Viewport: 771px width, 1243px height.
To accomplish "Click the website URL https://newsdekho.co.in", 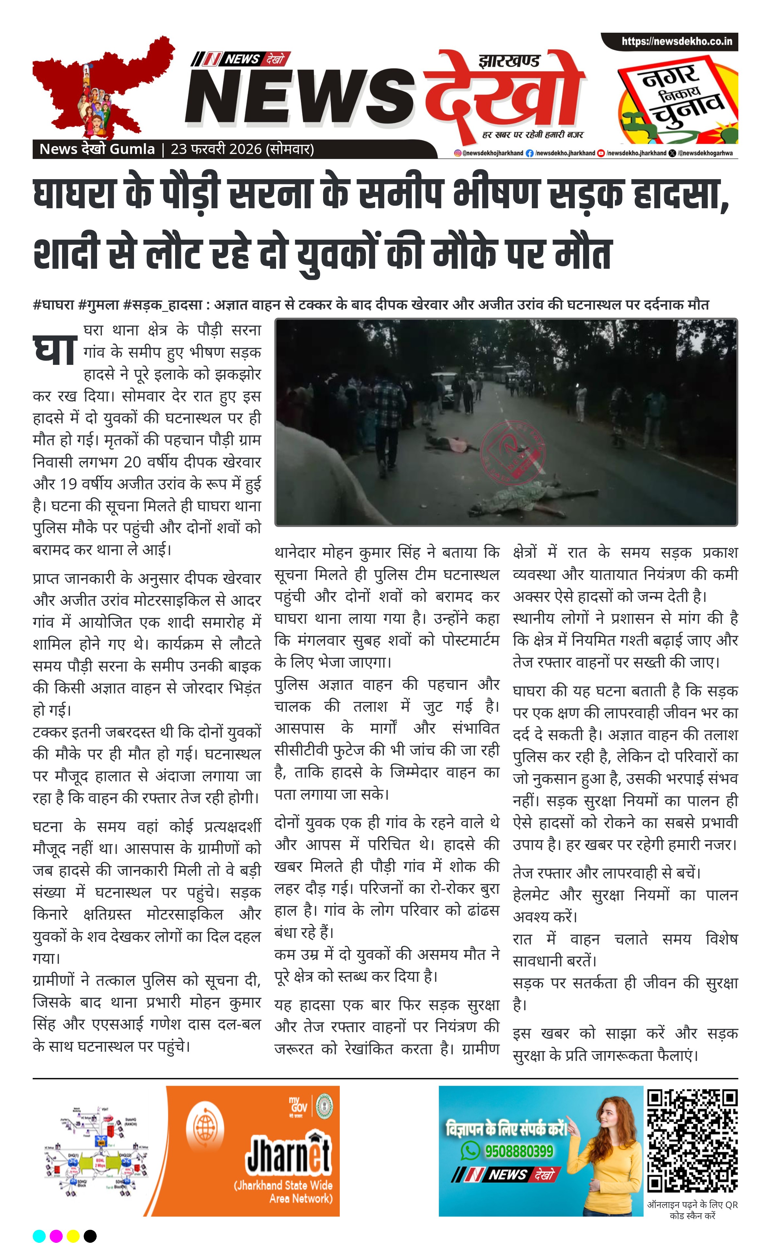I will (677, 41).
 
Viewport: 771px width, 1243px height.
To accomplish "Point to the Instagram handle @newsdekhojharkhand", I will (489, 153).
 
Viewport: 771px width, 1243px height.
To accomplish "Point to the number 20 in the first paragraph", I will (132, 462).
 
